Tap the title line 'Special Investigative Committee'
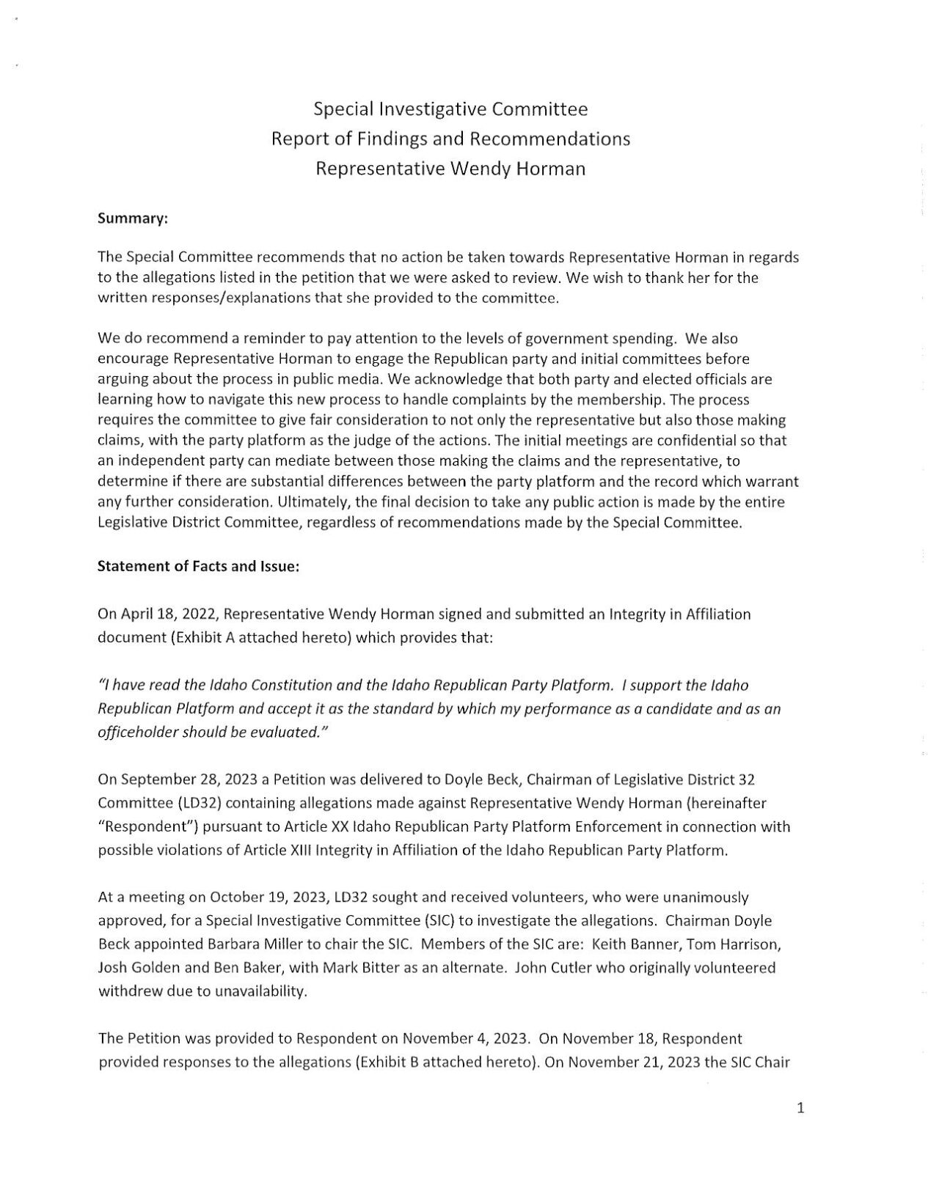pos(450,110)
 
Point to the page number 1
pos(800,1108)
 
